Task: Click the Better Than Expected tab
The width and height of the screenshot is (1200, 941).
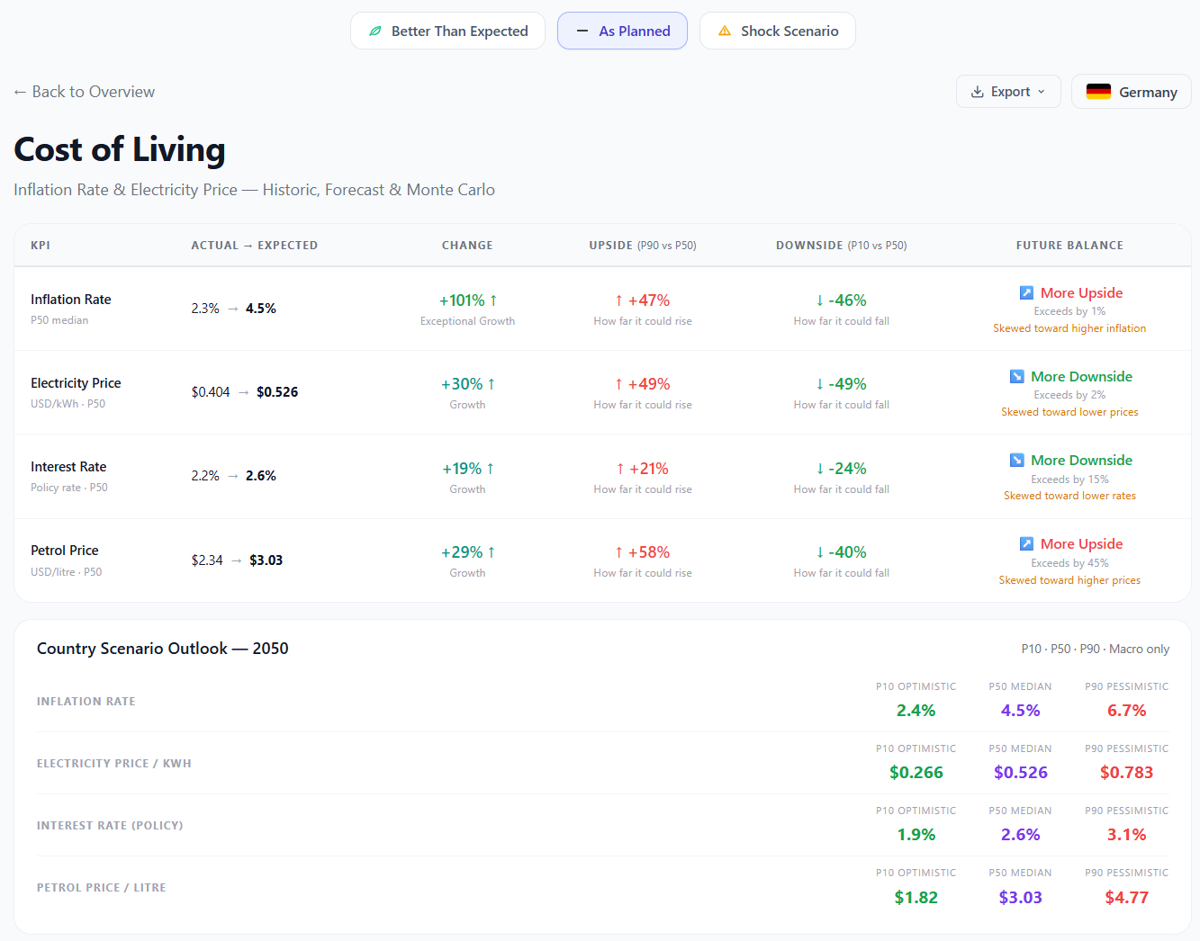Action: (x=447, y=31)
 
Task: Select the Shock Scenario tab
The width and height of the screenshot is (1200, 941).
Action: (x=777, y=31)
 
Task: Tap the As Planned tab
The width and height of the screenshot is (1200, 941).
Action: (x=622, y=31)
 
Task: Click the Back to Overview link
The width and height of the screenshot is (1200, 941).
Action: (x=85, y=92)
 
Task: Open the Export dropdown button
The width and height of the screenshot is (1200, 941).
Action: (x=1008, y=92)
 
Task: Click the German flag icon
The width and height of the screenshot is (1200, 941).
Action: (x=1098, y=92)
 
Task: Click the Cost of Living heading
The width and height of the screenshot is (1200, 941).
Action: (x=120, y=149)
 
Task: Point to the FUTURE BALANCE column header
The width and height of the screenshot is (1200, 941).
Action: (x=1069, y=245)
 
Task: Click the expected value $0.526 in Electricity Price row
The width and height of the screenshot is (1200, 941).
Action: (x=277, y=392)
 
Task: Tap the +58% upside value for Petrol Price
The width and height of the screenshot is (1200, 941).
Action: (x=643, y=552)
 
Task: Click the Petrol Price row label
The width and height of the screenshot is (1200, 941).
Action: (x=65, y=551)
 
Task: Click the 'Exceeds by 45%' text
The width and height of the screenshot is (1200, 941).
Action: (x=1069, y=563)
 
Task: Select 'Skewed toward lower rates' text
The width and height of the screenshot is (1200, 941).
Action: (x=1069, y=496)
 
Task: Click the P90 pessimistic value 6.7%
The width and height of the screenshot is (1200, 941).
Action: (x=1126, y=711)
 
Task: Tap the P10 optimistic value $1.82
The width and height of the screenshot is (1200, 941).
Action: (x=916, y=898)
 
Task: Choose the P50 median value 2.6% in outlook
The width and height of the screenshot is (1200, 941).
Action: (x=1020, y=835)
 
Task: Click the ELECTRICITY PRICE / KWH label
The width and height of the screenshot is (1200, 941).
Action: (x=114, y=764)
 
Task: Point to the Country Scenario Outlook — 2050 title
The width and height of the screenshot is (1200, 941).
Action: (x=162, y=649)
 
